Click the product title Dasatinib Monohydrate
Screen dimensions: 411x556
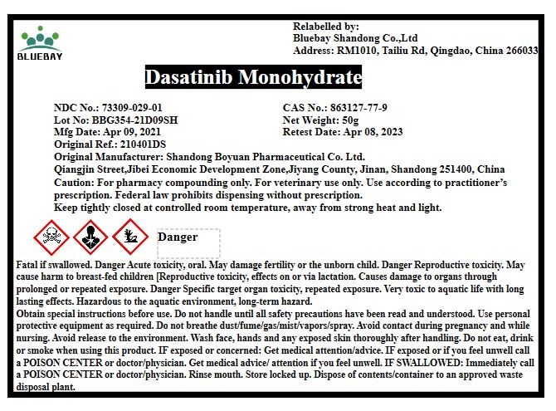pos(253,78)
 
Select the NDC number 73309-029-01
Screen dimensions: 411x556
pos(132,108)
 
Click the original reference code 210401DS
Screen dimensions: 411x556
pos(145,144)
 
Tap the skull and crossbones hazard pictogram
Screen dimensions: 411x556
pos(52,237)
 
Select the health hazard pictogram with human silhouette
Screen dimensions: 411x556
pos(90,237)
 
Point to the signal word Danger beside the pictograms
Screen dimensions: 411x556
pos(177,237)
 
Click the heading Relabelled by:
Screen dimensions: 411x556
pos(326,27)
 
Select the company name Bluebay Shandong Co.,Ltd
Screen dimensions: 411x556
pos(355,38)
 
